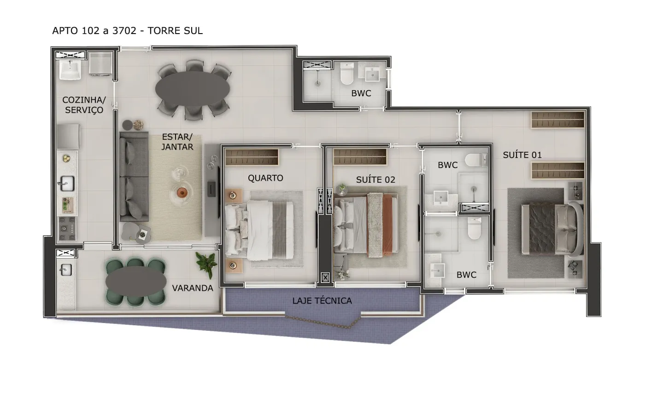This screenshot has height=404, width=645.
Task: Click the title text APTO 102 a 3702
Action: coord(94,30)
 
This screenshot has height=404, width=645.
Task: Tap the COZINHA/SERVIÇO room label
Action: coord(84,105)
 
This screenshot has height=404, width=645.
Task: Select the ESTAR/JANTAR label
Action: coord(177,142)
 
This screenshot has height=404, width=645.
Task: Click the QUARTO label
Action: coord(265,178)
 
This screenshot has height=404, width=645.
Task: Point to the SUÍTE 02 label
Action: coord(375,180)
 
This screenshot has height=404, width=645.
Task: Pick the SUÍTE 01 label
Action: coord(522,155)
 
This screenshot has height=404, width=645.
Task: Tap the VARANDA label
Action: coord(193,288)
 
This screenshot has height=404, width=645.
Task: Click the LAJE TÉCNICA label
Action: coord(322,301)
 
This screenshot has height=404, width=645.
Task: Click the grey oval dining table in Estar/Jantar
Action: coord(193,89)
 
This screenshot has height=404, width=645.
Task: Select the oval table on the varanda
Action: coord(136,281)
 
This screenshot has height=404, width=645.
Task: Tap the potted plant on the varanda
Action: coord(207,264)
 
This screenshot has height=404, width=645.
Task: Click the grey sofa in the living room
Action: coord(134,177)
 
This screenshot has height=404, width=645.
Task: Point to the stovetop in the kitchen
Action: coord(67,229)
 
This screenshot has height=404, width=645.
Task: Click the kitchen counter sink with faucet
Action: coord(66,184)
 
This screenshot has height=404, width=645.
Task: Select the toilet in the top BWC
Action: coord(347,73)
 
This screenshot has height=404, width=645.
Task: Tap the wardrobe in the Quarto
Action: coord(252,157)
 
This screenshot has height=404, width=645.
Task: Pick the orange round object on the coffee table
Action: coord(182,192)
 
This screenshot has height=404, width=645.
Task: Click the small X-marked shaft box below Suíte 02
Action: coord(325,277)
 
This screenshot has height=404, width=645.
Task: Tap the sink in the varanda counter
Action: coord(65,270)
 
